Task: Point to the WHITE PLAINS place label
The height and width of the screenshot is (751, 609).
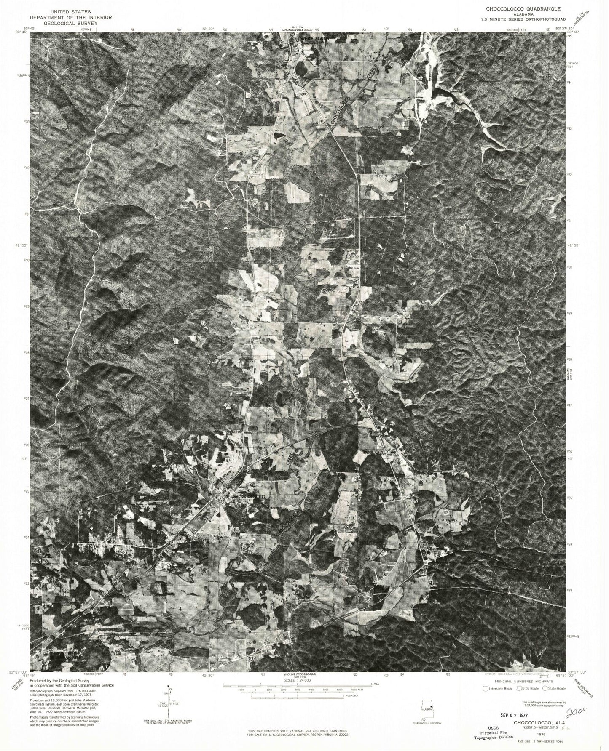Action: [x=312, y=38]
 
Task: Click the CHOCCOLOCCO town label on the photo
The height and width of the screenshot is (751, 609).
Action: [x=250, y=497]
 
